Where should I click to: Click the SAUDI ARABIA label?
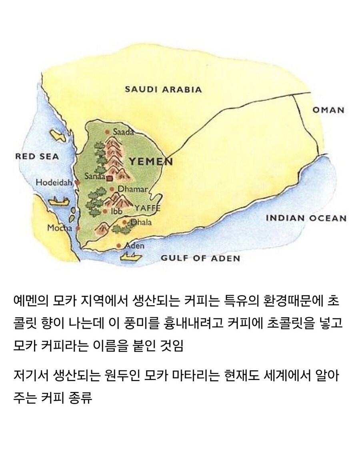[x=164, y=89]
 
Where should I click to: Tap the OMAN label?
[x=328, y=110]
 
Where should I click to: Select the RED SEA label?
[x=37, y=156]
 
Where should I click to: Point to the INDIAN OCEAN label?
[x=306, y=218]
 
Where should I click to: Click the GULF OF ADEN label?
[x=200, y=258]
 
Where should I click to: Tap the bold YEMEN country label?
[x=150, y=162]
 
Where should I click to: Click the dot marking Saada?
[x=107, y=132]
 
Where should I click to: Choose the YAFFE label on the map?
[x=147, y=208]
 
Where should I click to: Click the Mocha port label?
[x=60, y=228]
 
